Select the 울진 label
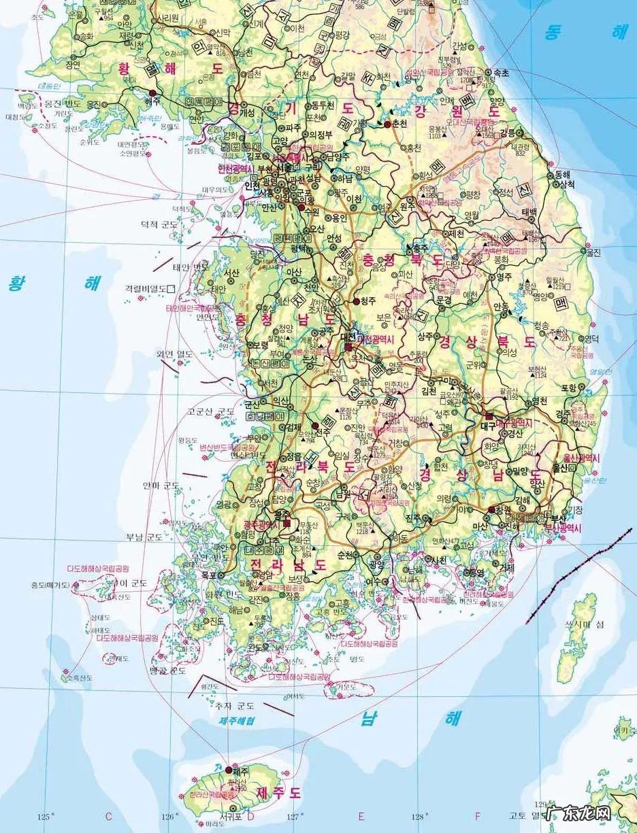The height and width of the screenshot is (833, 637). point(593,252)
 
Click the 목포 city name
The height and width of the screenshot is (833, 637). point(208,575)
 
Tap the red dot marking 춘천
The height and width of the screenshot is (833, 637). point(387,124)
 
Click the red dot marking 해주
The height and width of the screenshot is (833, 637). point(152,92)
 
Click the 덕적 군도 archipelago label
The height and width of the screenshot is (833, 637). point(159,224)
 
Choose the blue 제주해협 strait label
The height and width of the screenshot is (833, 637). point(237,720)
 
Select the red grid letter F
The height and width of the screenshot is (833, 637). point(478,816)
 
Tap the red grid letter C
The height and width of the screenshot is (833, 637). point(108,816)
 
